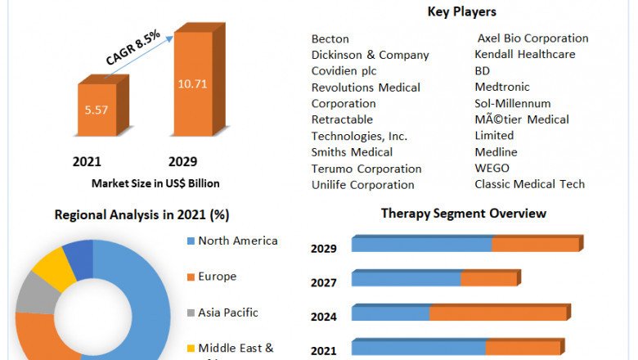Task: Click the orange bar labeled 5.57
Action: point(97,109)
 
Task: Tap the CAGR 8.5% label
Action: point(133,47)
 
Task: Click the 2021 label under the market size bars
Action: point(87,161)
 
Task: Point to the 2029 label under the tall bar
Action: point(182,161)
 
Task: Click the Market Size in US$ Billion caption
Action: point(155,183)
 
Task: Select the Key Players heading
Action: point(461,11)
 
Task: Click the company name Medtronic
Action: point(502,87)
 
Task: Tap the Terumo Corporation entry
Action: point(366,169)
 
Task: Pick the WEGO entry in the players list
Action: point(492,168)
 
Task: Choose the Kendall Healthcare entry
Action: point(524,54)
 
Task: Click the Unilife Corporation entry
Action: point(362,185)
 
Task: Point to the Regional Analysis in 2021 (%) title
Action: point(142,215)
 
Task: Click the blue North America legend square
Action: point(191,241)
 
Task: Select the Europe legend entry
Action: point(217,277)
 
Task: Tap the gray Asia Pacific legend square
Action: point(191,313)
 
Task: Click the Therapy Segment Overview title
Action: point(464,214)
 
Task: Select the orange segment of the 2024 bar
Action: point(498,313)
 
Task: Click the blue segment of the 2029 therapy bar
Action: point(421,245)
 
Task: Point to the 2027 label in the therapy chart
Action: point(323,282)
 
